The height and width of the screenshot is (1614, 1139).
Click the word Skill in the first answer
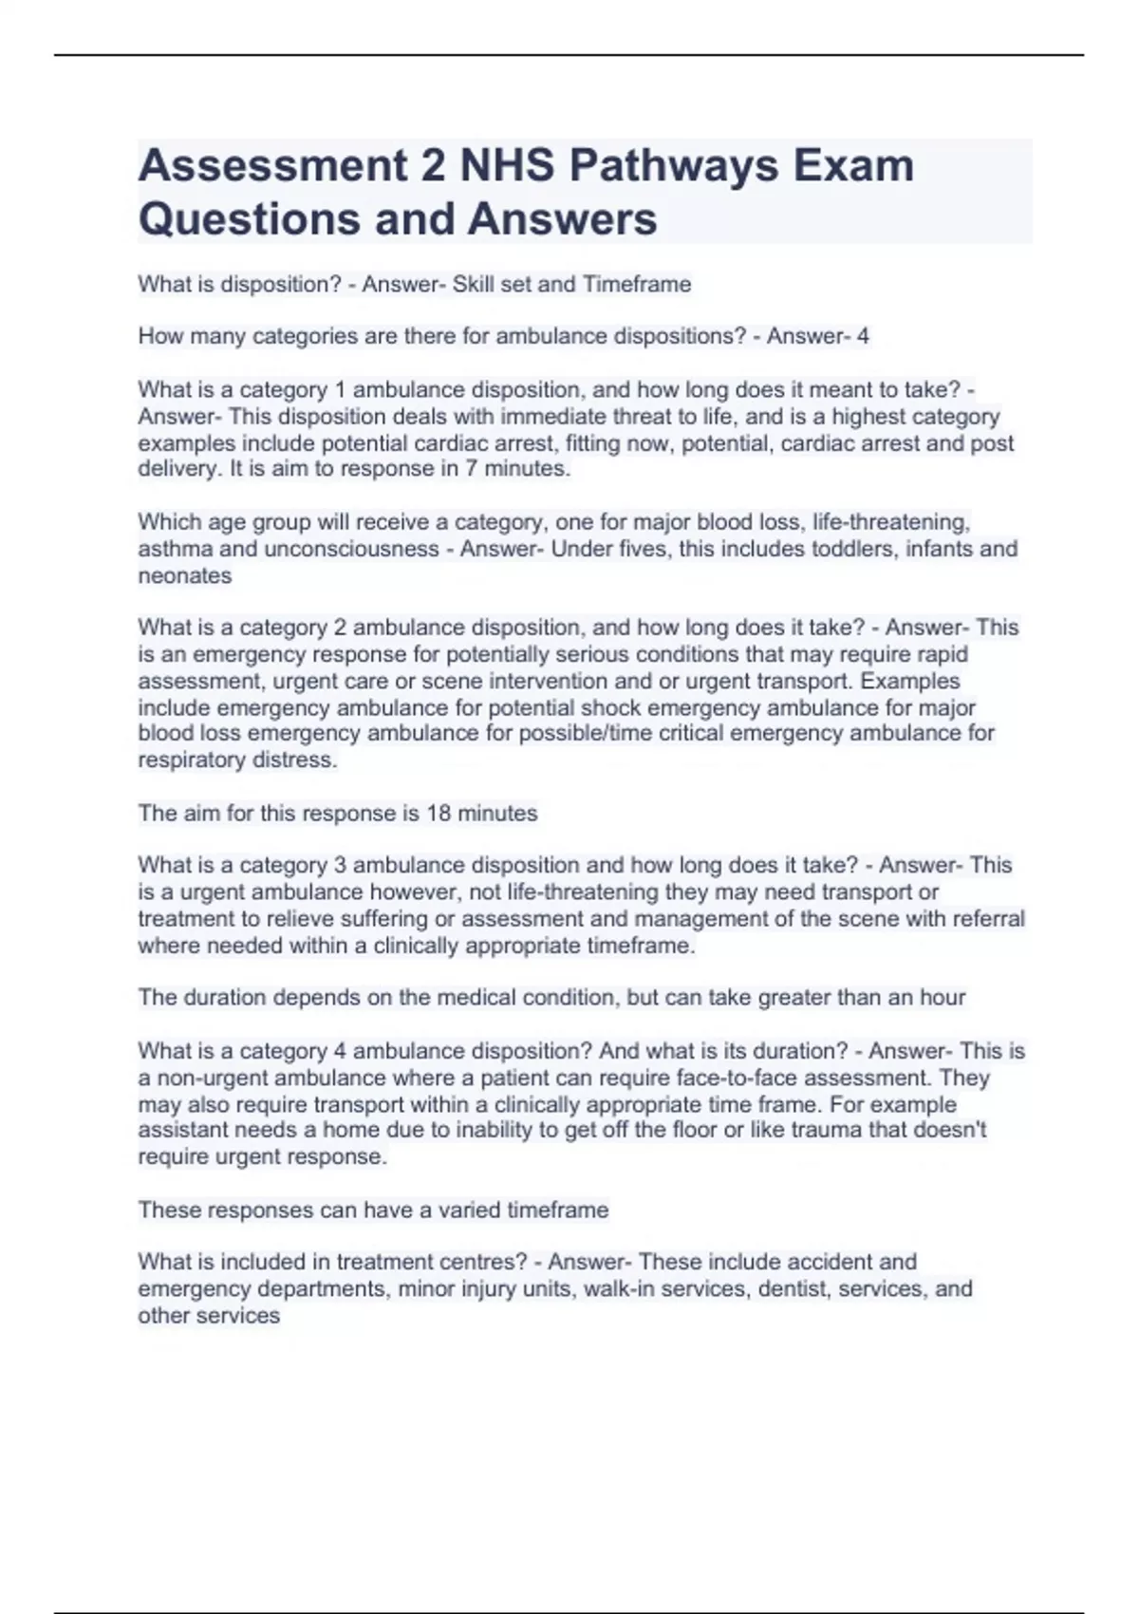[x=474, y=284]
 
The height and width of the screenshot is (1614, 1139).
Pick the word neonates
[x=185, y=575]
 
